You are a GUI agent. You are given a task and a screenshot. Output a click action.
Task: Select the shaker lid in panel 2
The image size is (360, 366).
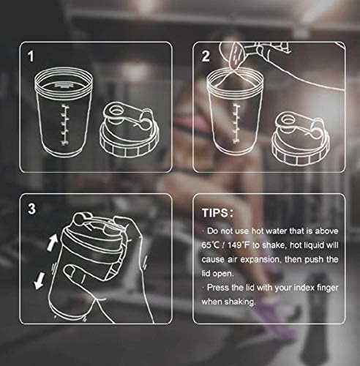[300, 135]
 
